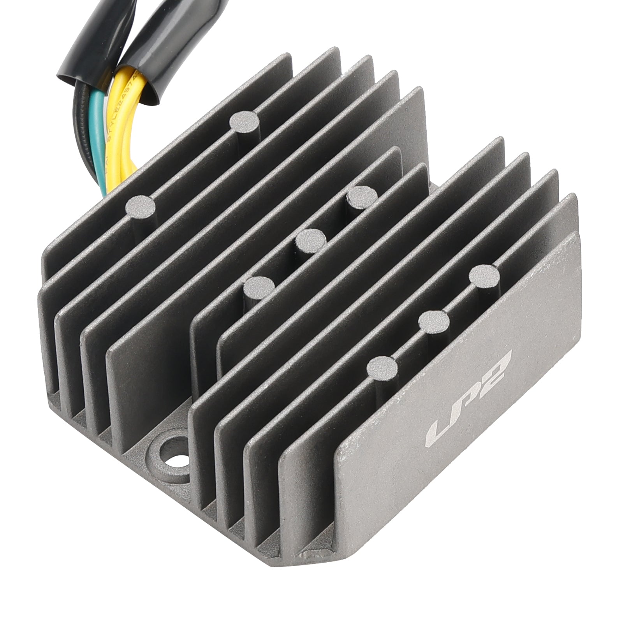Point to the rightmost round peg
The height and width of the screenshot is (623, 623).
point(484,276)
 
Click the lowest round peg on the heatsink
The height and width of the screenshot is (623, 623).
point(382,367)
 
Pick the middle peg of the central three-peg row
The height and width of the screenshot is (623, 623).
point(310,241)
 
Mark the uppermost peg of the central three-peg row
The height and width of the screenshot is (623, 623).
point(363,197)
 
